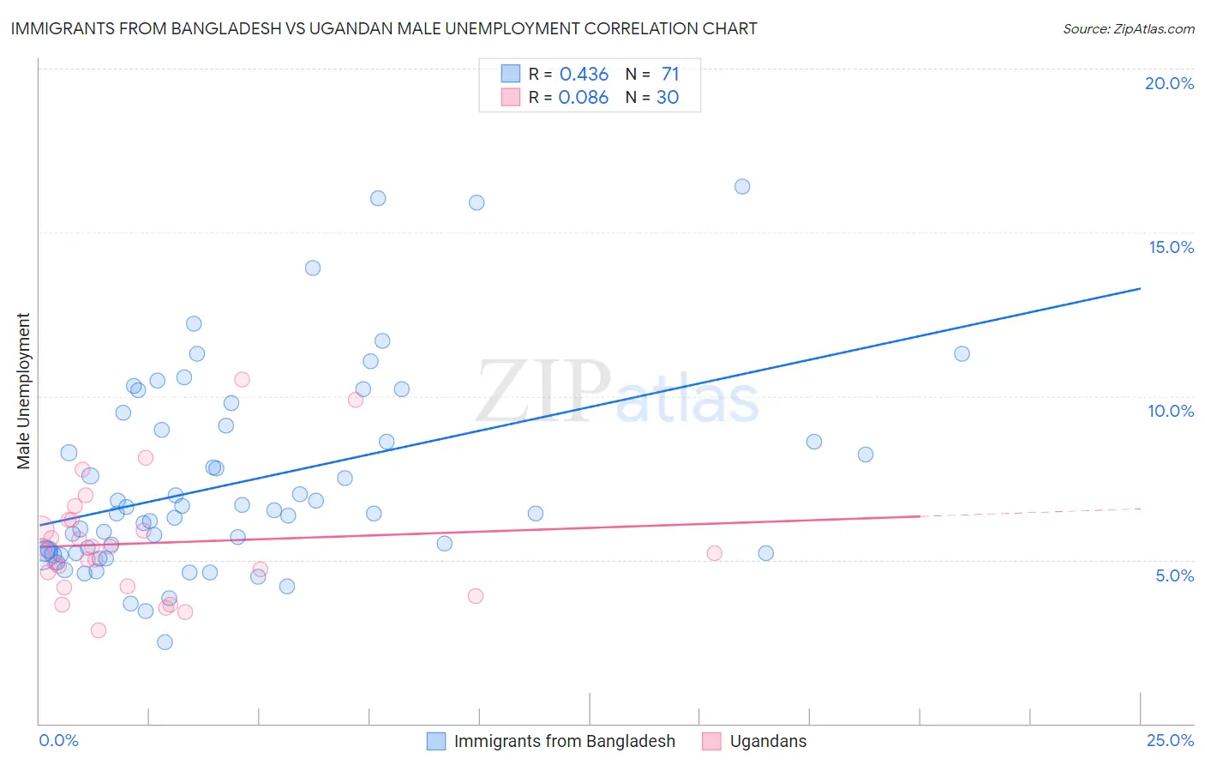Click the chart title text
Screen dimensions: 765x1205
click(383, 28)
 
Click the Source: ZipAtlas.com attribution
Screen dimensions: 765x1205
click(1128, 28)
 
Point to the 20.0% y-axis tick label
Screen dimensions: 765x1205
click(1169, 83)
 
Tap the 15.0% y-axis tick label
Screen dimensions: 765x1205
click(1171, 247)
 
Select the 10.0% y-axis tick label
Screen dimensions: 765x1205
click(1171, 411)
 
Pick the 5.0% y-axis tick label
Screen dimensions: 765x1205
click(1174, 575)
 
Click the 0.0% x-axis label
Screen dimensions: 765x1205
click(58, 740)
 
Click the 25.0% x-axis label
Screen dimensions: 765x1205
click(1170, 740)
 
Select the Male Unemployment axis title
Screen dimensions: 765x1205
click(23, 390)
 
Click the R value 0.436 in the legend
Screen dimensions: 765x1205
click(584, 74)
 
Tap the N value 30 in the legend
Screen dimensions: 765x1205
click(667, 98)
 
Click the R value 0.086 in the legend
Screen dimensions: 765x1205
click(583, 98)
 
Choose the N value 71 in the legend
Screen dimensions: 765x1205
click(669, 74)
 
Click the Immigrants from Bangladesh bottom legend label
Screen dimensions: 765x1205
click(564, 741)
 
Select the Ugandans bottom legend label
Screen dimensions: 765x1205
click(768, 741)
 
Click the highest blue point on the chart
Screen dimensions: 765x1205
click(742, 186)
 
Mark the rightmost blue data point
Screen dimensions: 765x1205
click(962, 353)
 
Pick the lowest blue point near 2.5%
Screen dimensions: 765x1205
click(165, 642)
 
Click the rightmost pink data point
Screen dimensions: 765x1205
click(714, 553)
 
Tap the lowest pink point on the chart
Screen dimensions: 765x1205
click(99, 629)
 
